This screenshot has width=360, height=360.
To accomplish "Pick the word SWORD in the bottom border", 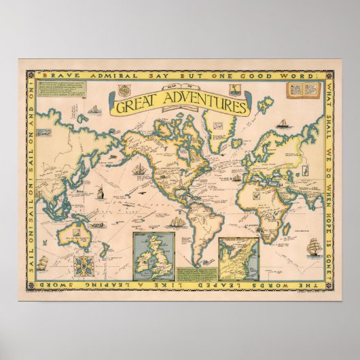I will (x=66, y=289).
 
